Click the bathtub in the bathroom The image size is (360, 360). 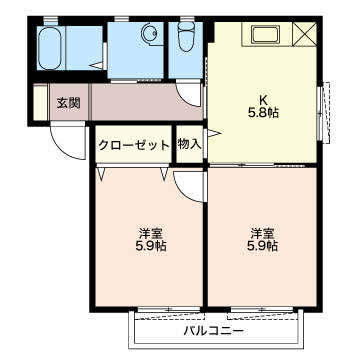tap(56, 47)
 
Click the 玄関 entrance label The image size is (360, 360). tap(68, 102)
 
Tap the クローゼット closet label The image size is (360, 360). tap(134, 144)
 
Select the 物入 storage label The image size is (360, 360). tap(189, 144)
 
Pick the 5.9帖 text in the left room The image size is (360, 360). tap(150, 247)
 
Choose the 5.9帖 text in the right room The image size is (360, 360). tap(262, 247)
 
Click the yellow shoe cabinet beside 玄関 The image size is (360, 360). tap(39, 103)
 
